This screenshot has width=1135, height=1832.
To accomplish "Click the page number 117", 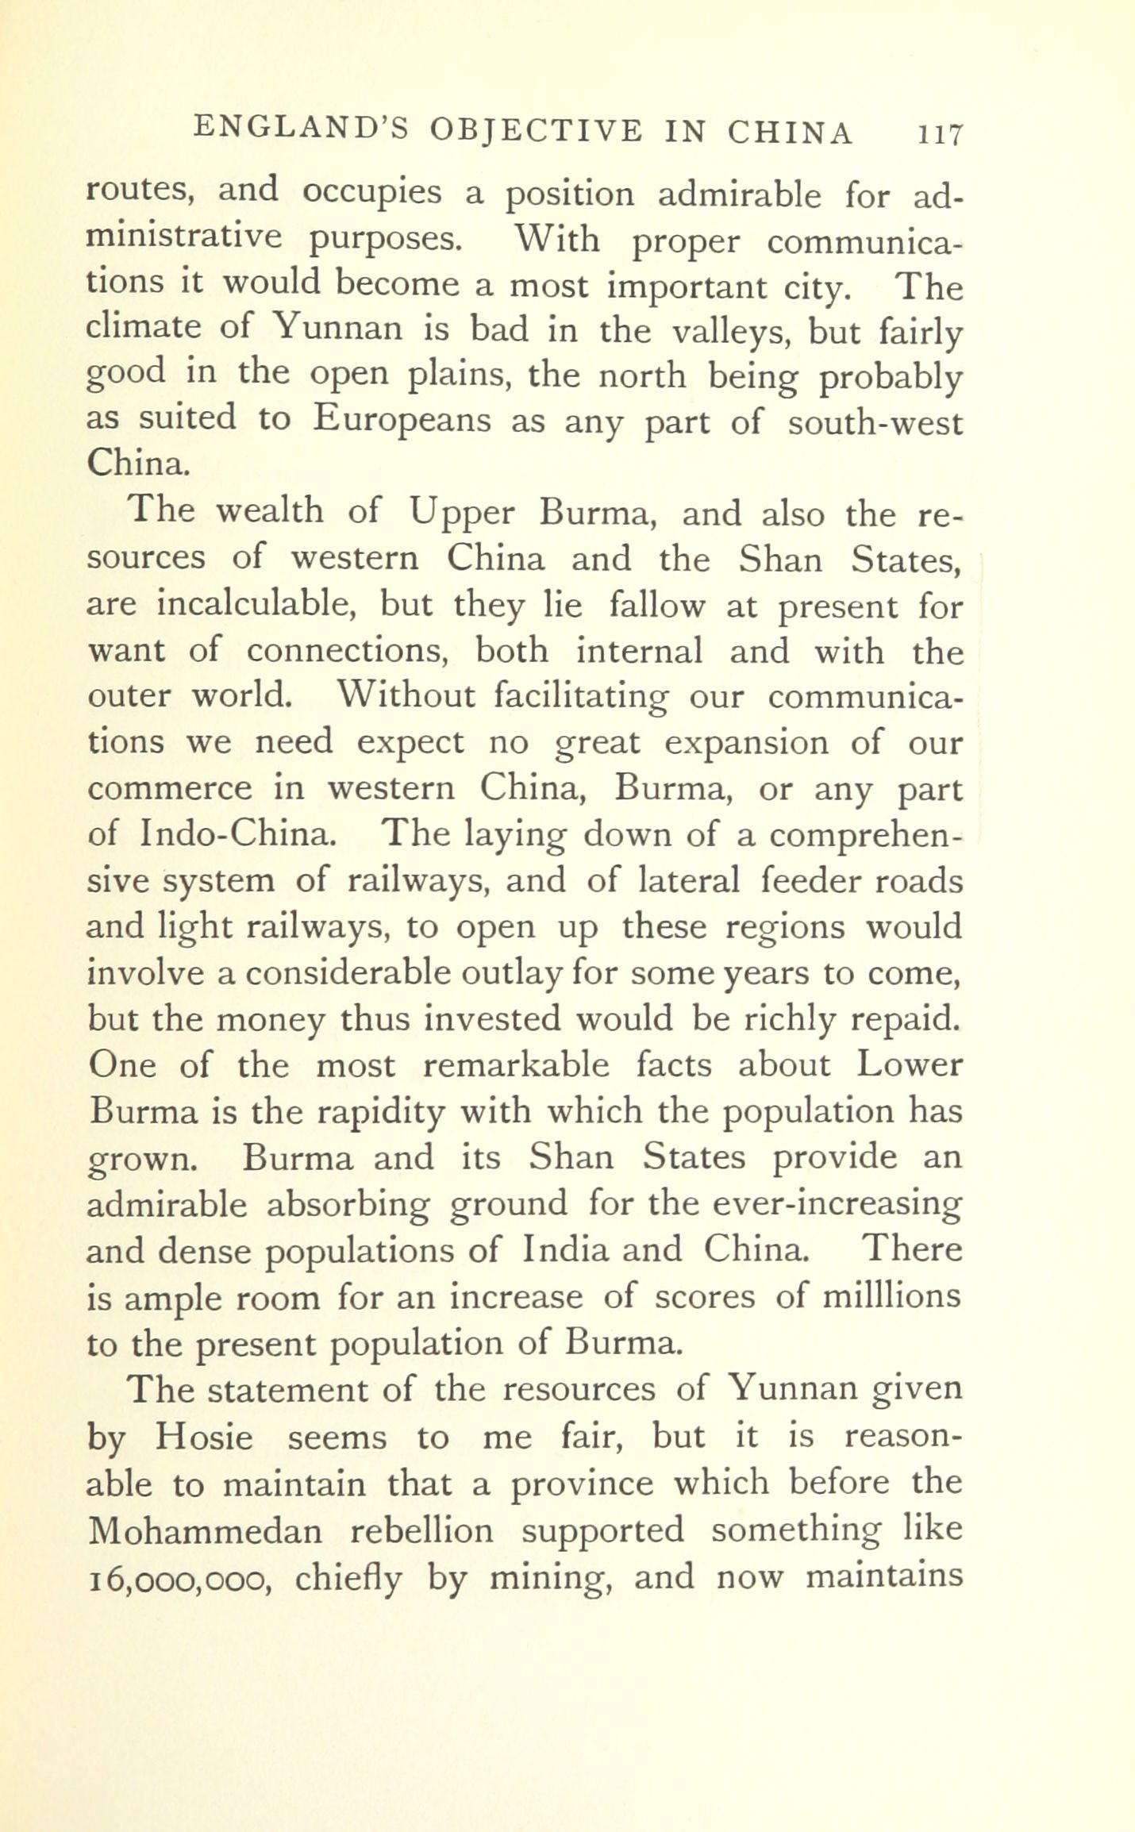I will click(x=941, y=133).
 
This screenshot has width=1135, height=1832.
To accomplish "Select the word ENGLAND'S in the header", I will click(x=300, y=129).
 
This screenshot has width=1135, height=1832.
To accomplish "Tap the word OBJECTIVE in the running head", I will click(x=535, y=130).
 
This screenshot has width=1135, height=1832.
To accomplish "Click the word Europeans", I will click(x=402, y=419).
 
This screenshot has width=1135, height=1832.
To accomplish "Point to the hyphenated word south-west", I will click(x=875, y=422).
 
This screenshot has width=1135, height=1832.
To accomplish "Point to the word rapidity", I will click(x=380, y=1113).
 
